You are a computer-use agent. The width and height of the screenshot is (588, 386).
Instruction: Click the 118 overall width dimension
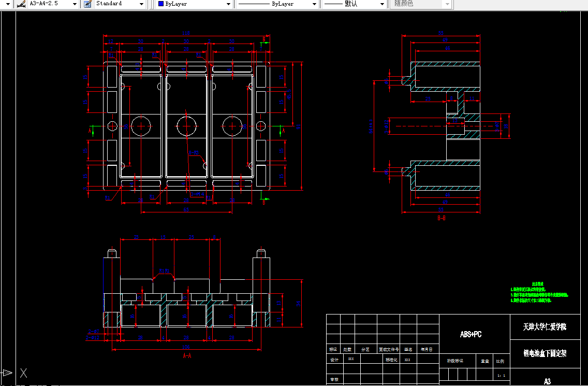coord(186,33)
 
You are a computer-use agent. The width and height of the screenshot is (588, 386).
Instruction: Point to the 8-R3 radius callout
coord(194,153)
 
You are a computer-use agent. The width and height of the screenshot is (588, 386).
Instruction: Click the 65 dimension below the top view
coord(186,209)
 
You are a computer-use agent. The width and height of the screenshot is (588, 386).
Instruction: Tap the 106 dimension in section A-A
coord(186,347)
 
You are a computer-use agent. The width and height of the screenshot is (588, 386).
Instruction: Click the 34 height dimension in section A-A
coord(299,304)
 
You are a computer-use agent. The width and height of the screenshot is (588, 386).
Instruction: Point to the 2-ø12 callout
coord(93,338)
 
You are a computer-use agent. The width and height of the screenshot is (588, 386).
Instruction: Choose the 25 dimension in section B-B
coord(428,98)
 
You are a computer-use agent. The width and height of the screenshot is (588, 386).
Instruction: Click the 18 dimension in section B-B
coord(506,125)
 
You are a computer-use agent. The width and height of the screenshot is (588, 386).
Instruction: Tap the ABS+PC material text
coord(471,334)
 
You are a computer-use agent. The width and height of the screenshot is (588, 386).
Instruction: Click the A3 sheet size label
coord(547,381)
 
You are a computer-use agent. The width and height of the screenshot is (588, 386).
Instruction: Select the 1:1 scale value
coord(501,375)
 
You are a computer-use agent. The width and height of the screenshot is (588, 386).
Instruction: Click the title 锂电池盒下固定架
coord(545,353)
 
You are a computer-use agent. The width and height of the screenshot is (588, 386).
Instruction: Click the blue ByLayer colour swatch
coord(160,4)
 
